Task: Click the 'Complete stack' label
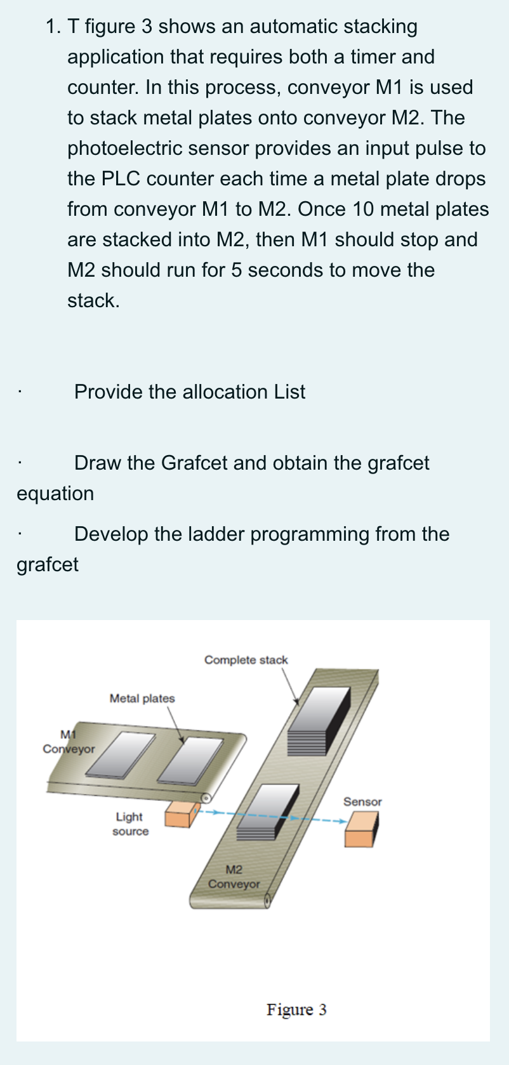tap(246, 660)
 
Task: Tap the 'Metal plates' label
tap(142, 698)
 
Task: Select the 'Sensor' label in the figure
tap(362, 802)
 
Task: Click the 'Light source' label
tap(129, 824)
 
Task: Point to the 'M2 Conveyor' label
tap(234, 876)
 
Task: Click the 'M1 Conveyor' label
tap(69, 742)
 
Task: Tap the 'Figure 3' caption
tap(296, 1009)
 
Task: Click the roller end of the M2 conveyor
tap(268, 901)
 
